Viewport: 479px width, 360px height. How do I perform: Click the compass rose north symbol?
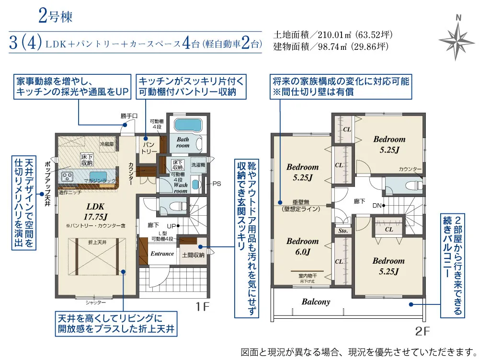point(458,38)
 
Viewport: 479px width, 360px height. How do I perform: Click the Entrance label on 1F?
point(162,254)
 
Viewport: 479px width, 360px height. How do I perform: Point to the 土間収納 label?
point(193,255)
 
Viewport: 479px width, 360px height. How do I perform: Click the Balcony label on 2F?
point(316,302)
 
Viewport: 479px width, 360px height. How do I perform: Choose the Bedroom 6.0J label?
point(302,246)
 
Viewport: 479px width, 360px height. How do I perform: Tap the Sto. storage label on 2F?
point(342,231)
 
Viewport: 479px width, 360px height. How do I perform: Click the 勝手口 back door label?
point(129,116)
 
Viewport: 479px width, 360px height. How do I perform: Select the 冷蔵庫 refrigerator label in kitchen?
point(106,144)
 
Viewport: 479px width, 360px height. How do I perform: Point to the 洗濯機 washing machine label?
point(198,164)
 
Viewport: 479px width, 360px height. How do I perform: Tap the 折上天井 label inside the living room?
point(96,244)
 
